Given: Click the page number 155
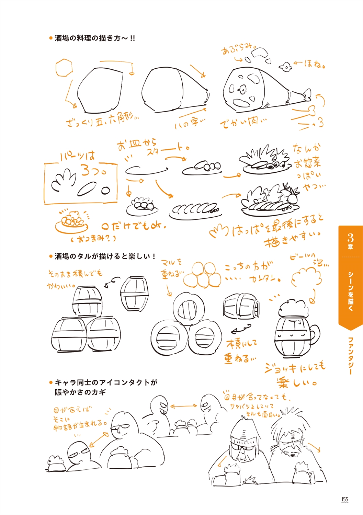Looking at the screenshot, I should pos(345,499).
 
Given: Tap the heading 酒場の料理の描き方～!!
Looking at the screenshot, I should pos(94,38).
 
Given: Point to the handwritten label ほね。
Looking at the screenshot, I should pos(314,64).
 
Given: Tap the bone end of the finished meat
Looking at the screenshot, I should pos(306,94).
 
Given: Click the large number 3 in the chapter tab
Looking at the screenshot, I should pos(350,237).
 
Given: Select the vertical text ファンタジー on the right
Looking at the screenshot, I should pos(351,355).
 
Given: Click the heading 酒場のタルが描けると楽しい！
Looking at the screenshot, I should pos(105,256).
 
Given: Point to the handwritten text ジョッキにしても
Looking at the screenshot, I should pos(295,367).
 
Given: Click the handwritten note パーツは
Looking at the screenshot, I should pos(77,157).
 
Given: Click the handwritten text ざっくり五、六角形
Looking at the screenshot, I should pos(102,120).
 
